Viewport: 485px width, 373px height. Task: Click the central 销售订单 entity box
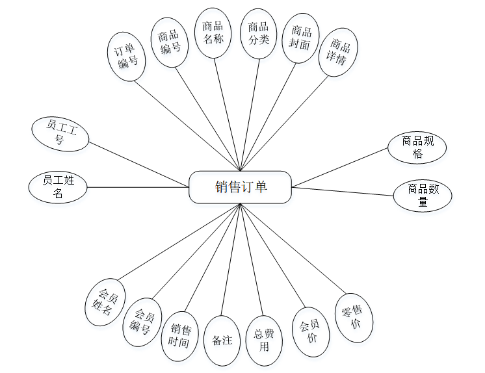pos(241,187)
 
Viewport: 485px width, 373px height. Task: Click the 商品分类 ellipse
pos(258,33)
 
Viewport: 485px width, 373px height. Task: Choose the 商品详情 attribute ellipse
pos(339,52)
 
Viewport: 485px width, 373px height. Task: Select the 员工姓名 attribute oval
pos(58,186)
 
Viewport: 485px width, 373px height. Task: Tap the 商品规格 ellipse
pos(417,148)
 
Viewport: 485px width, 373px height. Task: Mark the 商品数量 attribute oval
pos(422,195)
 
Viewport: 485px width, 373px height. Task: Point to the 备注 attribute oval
pos(222,340)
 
